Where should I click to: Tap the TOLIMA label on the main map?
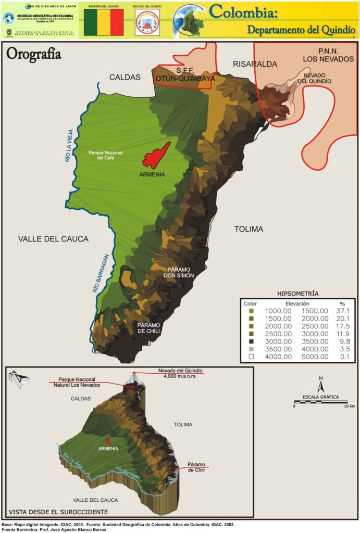(249, 229)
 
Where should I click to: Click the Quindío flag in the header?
(104, 22)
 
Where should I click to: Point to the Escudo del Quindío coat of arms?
(146, 23)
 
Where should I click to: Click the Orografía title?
(34, 55)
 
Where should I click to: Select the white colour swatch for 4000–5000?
(251, 357)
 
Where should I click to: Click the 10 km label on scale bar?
(349, 406)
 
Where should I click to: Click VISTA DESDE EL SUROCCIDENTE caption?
(58, 512)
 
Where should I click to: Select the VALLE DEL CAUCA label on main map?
(53, 239)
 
